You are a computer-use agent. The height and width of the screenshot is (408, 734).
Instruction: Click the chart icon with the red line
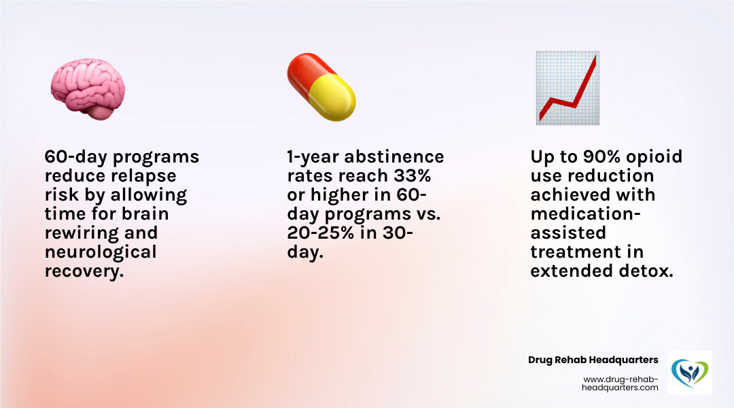[567, 87]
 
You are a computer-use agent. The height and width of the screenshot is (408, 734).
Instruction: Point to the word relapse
[143, 176]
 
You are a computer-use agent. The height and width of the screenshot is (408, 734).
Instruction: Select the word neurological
[101, 252]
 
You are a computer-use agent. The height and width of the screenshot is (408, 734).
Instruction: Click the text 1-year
[313, 157]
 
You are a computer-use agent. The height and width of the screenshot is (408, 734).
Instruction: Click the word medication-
[584, 214]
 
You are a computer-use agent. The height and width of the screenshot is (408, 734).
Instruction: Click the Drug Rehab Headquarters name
[593, 360]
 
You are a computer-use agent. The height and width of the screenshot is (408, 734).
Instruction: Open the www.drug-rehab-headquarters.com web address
[621, 383]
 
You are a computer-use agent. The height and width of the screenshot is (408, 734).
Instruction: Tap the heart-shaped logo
[690, 373]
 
